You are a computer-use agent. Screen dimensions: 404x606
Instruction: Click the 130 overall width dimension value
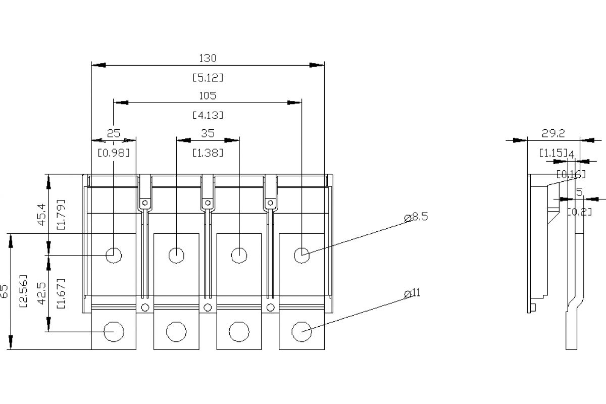pyautogui.click(x=208, y=58)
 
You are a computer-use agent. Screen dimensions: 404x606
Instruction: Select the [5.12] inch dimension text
pyautogui.click(x=208, y=78)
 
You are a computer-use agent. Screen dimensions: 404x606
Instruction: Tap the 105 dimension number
pyautogui.click(x=208, y=95)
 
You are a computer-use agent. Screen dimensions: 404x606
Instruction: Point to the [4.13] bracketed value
pyautogui.click(x=208, y=115)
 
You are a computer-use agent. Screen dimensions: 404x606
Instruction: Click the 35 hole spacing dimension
pyautogui.click(x=208, y=133)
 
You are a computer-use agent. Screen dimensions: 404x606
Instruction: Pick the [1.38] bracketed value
pyautogui.click(x=208, y=153)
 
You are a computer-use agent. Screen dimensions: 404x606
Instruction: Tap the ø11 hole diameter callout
pyautogui.click(x=413, y=293)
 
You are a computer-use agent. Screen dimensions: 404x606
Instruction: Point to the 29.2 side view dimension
pyautogui.click(x=553, y=133)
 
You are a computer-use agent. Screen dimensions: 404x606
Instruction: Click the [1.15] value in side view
pyautogui.click(x=551, y=153)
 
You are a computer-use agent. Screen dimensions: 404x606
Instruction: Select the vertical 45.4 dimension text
pyautogui.click(x=42, y=215)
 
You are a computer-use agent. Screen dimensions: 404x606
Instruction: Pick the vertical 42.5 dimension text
pyautogui.click(x=42, y=293)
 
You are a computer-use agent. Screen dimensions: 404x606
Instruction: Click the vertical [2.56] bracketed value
pyautogui.click(x=23, y=292)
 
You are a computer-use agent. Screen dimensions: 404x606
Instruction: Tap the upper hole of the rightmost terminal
pyautogui.click(x=301, y=255)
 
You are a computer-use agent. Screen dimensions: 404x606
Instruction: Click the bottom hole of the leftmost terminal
pyautogui.click(x=114, y=332)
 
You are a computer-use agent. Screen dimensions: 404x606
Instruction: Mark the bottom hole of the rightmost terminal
pyautogui.click(x=301, y=332)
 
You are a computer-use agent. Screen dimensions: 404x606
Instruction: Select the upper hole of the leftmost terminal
pyautogui.click(x=114, y=255)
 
